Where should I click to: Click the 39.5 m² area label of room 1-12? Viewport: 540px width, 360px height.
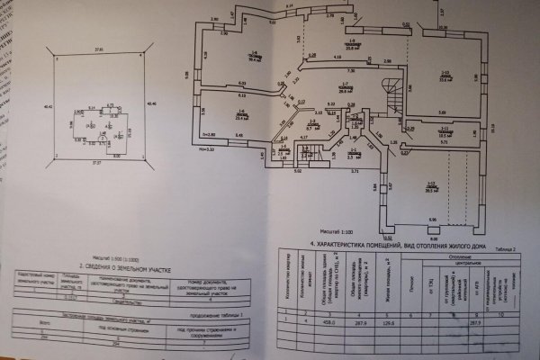[x=430, y=188]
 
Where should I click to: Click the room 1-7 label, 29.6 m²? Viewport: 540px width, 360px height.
[x=319, y=89]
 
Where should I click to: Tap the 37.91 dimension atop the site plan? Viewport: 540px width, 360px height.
[x=102, y=49]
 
